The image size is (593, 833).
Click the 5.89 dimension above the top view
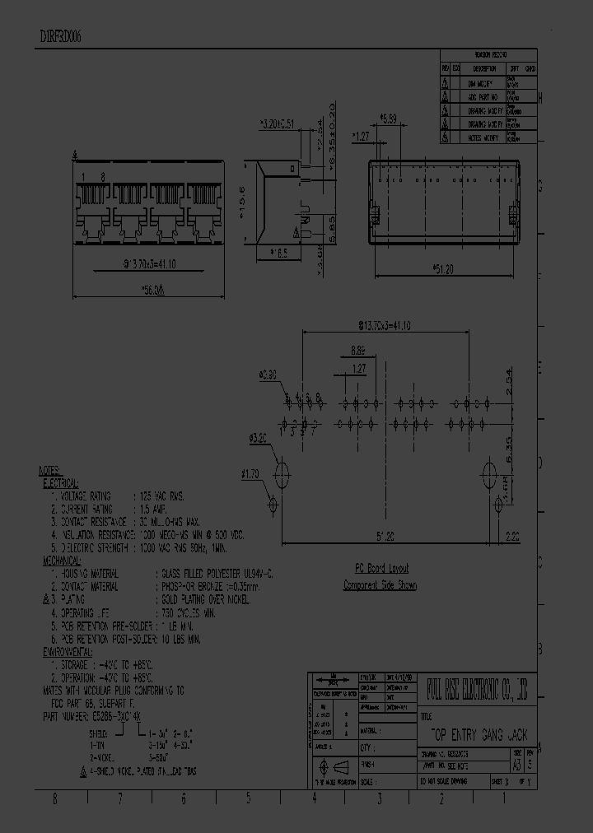pos(389,119)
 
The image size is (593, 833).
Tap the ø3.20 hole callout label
pos(258,438)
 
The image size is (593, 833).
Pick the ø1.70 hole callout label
pos(250,473)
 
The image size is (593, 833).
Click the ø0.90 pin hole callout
pos(267,375)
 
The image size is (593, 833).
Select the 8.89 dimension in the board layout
pos(357,349)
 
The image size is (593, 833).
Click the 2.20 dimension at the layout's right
pos(511,536)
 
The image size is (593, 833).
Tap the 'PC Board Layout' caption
pos(381,569)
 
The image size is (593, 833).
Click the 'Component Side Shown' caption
pos(380,585)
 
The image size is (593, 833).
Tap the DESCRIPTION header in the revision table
pos(484,68)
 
